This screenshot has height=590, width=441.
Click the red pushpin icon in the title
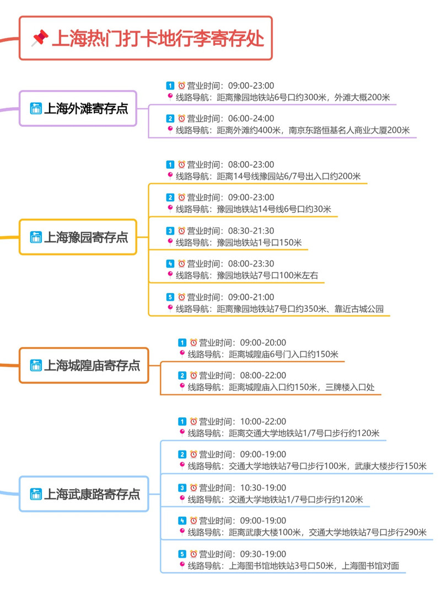[x=40, y=38]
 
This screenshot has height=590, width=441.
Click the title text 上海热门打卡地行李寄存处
[x=158, y=39]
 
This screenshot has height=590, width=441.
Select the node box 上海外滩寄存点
[x=78, y=108]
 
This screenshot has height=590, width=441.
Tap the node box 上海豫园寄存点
[x=78, y=237]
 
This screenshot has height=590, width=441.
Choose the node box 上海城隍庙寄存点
[x=84, y=365]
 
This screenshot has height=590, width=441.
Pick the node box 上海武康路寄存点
[x=84, y=494]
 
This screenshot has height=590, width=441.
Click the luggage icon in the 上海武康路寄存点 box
[x=36, y=494]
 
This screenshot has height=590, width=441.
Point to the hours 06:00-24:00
[x=251, y=119]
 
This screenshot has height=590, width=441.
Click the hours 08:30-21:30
[x=251, y=231]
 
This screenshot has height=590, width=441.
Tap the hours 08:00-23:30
[x=251, y=264]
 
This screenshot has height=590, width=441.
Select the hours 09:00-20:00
[x=263, y=342]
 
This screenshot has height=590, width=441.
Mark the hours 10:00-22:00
[x=263, y=422]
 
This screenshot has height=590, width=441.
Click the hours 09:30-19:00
[x=263, y=554]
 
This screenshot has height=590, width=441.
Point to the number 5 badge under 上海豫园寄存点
[x=170, y=297]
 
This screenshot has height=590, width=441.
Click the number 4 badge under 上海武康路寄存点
[x=182, y=520]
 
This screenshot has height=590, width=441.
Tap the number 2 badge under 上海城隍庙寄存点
[x=182, y=375]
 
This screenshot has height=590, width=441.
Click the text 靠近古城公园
[x=359, y=309]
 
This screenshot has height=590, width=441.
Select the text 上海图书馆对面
[x=370, y=566]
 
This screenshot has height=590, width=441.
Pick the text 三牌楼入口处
[x=350, y=387]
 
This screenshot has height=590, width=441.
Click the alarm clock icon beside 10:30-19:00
[x=193, y=488]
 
